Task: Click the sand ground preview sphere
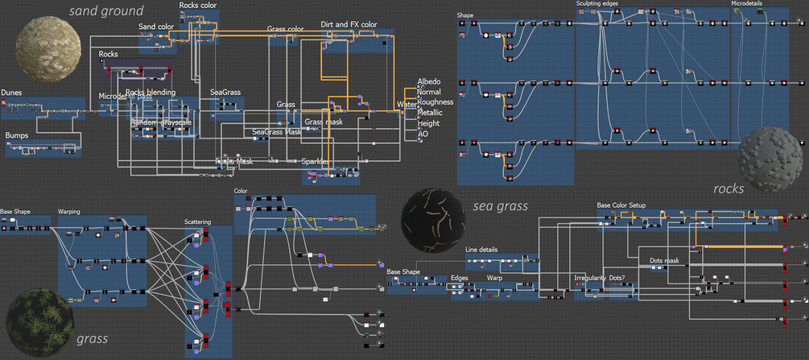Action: click(x=48, y=45)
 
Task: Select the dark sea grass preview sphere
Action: click(x=432, y=220)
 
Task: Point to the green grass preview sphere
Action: click(x=37, y=320)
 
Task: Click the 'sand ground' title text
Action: click(x=105, y=11)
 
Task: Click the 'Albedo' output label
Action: click(x=431, y=82)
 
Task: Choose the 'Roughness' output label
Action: click(x=435, y=102)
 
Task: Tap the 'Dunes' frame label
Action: click(x=11, y=93)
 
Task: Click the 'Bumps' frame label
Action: click(x=17, y=135)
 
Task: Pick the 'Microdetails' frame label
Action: click(x=746, y=4)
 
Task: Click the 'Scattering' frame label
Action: click(x=198, y=221)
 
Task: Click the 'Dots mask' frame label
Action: click(x=665, y=260)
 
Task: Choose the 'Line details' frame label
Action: click(x=481, y=250)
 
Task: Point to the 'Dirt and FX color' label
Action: click(x=349, y=25)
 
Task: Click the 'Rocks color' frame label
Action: click(x=197, y=6)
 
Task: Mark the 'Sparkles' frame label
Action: click(x=316, y=161)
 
